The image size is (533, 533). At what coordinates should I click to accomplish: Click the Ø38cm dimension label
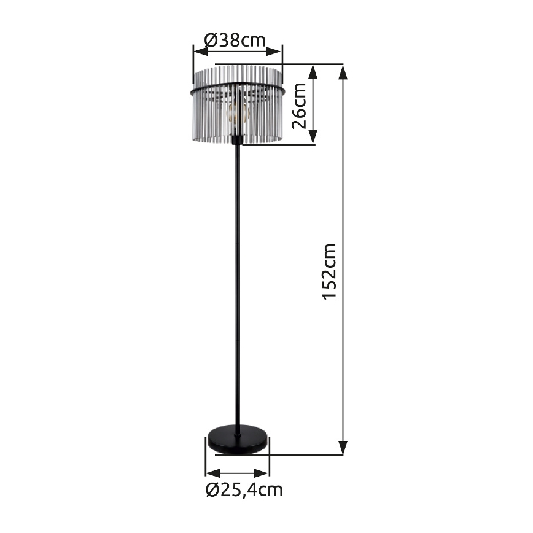pos(235,41)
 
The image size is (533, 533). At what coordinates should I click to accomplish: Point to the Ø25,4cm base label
pos(244,490)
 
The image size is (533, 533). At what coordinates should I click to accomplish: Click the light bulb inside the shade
pos(237,112)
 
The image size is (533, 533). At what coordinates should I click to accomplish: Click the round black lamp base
pos(236,440)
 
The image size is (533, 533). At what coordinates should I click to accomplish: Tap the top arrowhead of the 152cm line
pos(343,70)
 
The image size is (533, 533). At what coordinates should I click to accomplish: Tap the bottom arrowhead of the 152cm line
pos(343,448)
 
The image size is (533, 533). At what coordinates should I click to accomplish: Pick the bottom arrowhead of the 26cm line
pos(313,138)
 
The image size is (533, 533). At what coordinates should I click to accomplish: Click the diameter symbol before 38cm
pos(209,41)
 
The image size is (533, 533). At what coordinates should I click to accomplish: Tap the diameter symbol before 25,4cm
pos(212,490)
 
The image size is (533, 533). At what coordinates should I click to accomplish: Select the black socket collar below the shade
pos(236,141)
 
